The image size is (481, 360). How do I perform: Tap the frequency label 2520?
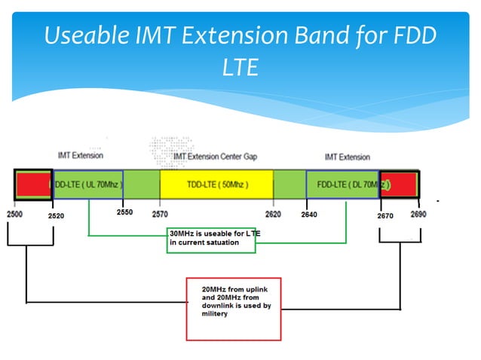[57, 215]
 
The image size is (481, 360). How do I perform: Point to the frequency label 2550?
[124, 212]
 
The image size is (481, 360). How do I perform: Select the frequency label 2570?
[160, 215]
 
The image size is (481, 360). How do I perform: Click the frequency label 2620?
[273, 215]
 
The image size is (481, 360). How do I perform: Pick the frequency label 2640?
[309, 215]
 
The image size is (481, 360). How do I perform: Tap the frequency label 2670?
[385, 215]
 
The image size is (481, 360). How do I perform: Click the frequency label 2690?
[419, 214]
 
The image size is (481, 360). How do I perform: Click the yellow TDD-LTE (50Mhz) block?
[216, 185]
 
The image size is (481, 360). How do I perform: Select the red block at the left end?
[32, 185]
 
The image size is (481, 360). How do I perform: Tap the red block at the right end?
[401, 185]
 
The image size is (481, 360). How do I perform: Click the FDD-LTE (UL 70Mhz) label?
[87, 185]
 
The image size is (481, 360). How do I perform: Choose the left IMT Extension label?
[80, 155]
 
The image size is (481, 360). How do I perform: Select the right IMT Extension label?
[347, 157]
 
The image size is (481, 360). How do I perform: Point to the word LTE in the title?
[240, 68]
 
